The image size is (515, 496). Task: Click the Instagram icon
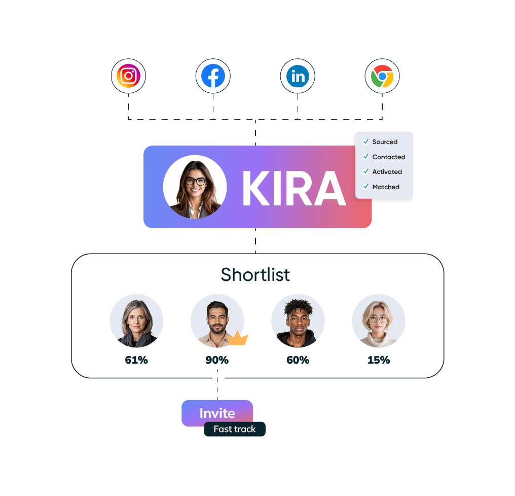click(x=128, y=77)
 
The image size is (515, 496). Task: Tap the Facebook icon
click(x=213, y=77)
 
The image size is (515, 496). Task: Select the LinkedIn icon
click(x=298, y=77)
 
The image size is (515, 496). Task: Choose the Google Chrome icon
click(x=382, y=77)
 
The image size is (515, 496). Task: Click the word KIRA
click(x=293, y=188)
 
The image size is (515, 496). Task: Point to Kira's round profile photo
click(x=195, y=187)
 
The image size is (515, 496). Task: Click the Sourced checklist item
click(x=385, y=142)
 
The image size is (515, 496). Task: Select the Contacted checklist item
click(x=388, y=157)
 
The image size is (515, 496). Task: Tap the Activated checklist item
click(x=387, y=172)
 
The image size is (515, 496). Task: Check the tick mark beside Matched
click(x=366, y=187)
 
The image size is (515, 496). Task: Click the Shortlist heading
click(x=255, y=274)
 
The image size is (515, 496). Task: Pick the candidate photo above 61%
click(x=136, y=321)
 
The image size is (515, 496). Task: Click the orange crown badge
click(x=238, y=338)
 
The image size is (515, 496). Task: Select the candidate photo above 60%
click(x=298, y=321)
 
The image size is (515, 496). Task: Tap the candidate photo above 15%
click(x=379, y=321)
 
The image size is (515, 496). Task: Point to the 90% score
click(x=217, y=361)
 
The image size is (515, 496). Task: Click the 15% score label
click(x=379, y=361)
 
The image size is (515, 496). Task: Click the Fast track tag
click(x=235, y=429)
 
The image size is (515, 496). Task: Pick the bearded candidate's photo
click(x=217, y=321)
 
